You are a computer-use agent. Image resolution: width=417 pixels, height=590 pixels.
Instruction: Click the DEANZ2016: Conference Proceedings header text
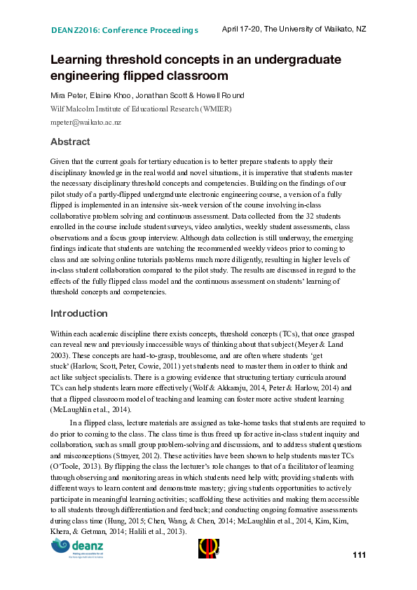point(125,30)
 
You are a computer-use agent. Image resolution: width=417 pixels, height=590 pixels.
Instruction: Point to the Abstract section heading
point(70,142)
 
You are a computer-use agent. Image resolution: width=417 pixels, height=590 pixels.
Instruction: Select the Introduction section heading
point(78,313)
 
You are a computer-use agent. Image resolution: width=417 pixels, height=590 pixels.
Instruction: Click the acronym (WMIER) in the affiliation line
point(215,109)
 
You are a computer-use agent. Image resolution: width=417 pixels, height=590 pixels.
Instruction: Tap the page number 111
point(359,555)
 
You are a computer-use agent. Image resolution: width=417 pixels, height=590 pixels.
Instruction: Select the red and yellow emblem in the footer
point(209,549)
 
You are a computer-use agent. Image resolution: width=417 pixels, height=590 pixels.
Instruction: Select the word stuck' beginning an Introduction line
point(61,365)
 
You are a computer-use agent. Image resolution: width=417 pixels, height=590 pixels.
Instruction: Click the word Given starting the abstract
point(61,160)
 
